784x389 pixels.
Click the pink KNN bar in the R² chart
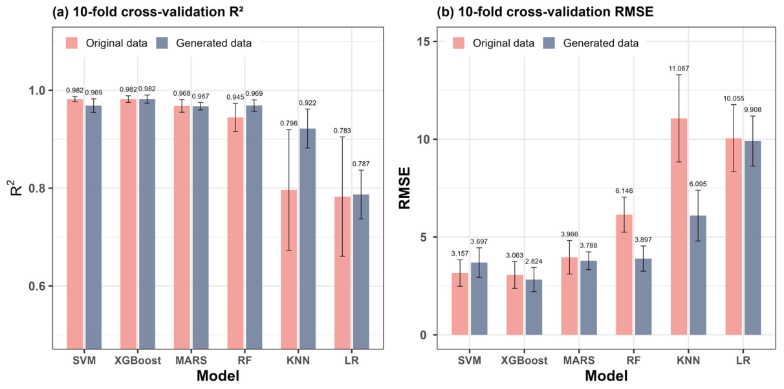click(289, 269)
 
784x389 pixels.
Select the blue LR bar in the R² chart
click(361, 272)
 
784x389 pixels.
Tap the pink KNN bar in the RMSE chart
click(679, 227)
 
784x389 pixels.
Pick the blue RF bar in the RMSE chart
click(643, 296)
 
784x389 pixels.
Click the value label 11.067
click(679, 69)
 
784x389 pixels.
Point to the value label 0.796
click(289, 123)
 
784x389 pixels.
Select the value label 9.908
click(752, 110)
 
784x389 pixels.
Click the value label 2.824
click(534, 261)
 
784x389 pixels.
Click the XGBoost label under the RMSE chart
click(524, 361)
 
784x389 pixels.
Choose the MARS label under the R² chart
click(191, 361)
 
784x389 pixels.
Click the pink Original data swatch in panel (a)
click(72, 43)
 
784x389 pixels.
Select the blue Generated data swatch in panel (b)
click(549, 43)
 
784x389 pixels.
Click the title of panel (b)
click(545, 12)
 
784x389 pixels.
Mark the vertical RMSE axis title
click(404, 188)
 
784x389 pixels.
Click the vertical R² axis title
click(16, 188)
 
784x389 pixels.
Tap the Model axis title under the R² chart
click(218, 376)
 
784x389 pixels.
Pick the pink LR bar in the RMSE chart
click(734, 236)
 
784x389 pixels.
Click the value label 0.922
click(307, 103)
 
